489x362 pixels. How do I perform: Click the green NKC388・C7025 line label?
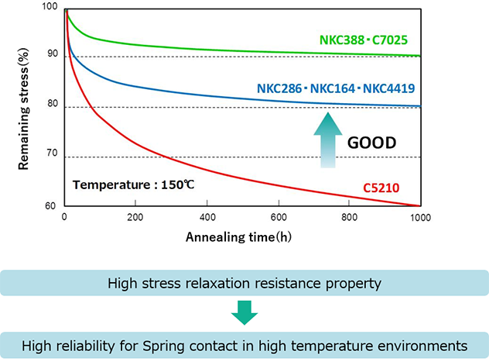click(x=370, y=39)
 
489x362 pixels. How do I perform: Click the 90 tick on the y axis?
click(x=53, y=54)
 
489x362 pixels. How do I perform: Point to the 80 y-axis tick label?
click(x=53, y=105)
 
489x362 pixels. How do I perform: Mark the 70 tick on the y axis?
click(x=53, y=156)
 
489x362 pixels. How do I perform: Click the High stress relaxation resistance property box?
click(x=244, y=283)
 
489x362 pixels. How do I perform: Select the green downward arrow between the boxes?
click(x=244, y=313)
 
